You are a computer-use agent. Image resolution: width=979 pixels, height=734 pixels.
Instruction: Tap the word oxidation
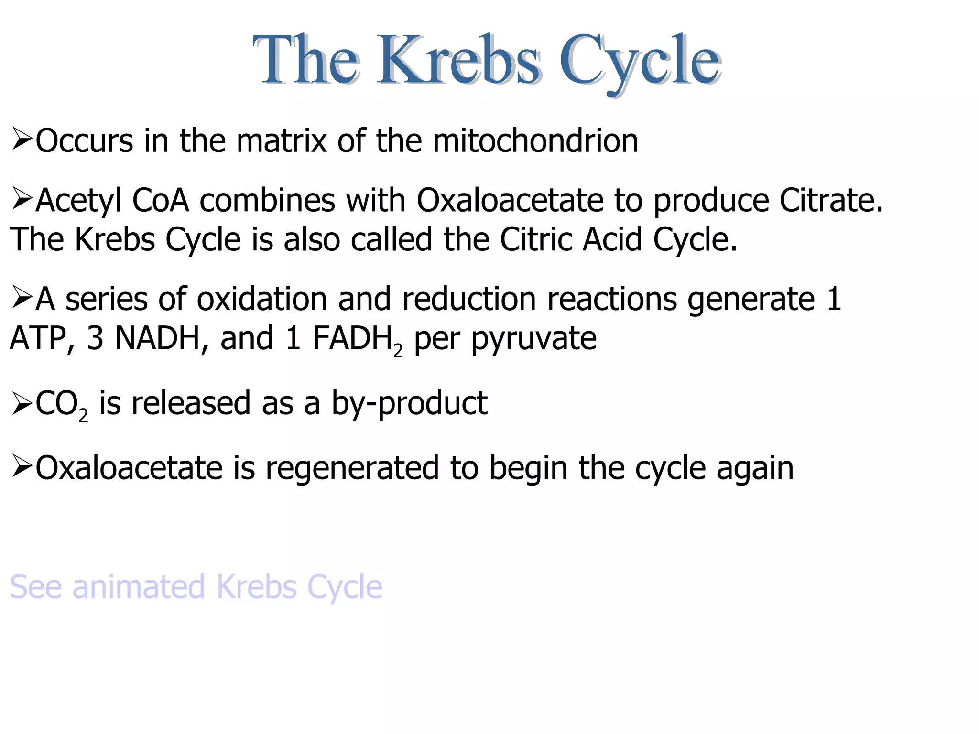tap(262, 299)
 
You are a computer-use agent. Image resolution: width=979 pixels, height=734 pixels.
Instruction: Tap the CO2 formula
tap(61, 404)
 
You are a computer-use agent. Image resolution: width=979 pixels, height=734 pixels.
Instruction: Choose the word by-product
tap(409, 404)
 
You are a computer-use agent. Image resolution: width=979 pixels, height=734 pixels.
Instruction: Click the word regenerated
tap(352, 468)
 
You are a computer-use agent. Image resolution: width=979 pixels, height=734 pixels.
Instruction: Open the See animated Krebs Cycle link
tap(196, 587)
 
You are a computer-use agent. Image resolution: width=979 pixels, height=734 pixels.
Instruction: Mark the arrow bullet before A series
tap(22, 297)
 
